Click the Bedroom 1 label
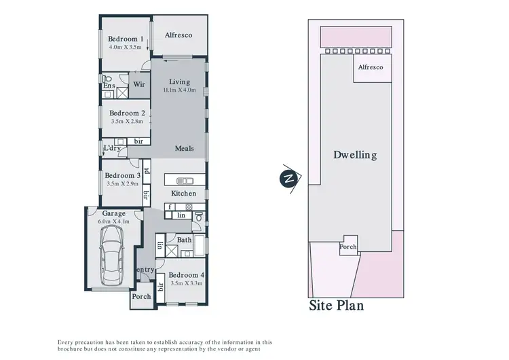coord(126,39)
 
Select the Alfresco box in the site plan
coord(371,68)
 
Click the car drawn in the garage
coord(111,248)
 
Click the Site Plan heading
coord(337,306)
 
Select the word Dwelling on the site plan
coord(354,155)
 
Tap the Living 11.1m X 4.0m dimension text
coord(179,90)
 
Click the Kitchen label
coord(183,194)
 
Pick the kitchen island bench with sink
coord(185,181)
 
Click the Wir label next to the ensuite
coord(139,84)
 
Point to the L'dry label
coord(111,148)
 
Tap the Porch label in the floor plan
coord(141,297)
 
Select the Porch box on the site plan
coord(348,247)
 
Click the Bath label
coord(184,240)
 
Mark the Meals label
coord(185,149)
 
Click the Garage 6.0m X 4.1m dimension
coord(114,221)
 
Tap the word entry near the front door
coord(145,270)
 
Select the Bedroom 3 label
coord(123,176)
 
